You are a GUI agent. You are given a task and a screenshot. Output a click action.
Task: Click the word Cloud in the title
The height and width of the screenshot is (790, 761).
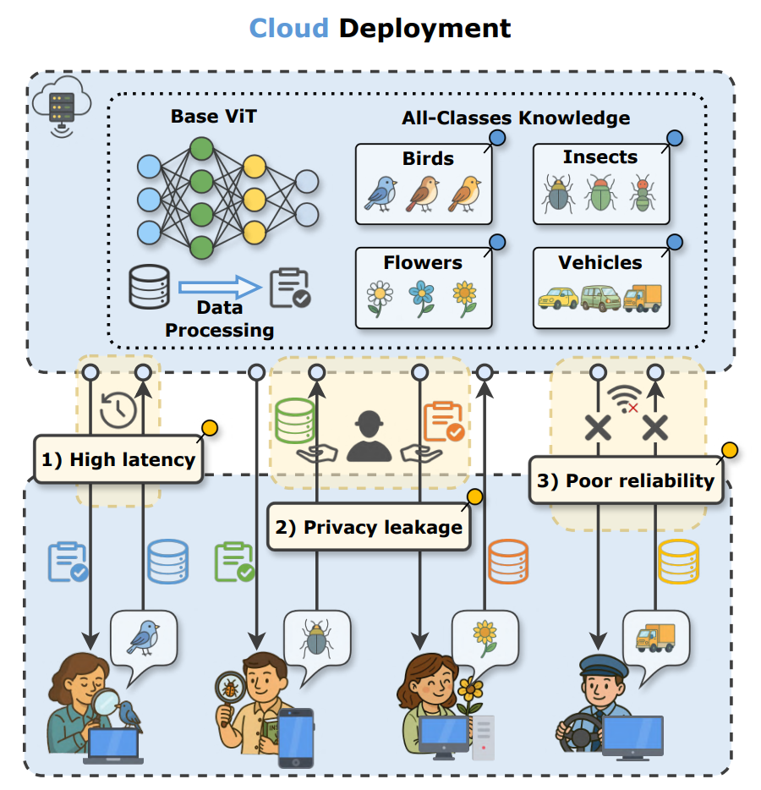[288, 28]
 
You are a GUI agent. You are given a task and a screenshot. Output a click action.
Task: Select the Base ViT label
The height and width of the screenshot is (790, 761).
[213, 116]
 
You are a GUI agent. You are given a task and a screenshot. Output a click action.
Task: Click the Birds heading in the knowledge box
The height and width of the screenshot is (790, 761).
[428, 158]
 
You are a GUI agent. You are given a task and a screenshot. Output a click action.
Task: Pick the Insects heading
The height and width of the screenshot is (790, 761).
[599, 157]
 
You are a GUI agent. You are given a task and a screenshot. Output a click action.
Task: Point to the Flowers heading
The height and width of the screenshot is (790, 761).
[423, 262]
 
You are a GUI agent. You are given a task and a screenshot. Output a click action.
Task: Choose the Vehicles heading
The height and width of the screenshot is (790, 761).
[600, 262]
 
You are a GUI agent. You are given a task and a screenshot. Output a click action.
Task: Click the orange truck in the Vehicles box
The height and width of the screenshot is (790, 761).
[643, 298]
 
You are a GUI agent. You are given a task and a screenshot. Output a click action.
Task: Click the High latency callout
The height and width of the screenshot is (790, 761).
[118, 460]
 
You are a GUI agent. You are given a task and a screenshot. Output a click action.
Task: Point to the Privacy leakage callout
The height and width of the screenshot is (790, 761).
[370, 527]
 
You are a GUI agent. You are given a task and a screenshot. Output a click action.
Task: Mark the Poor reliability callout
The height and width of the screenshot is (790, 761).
[626, 480]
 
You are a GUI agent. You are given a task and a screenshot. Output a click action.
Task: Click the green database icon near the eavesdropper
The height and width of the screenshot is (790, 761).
[294, 420]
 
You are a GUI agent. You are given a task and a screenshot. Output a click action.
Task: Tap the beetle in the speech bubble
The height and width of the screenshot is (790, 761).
[317, 639]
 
